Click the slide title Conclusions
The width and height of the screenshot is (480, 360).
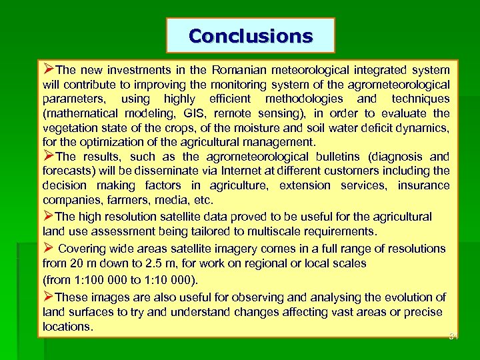pos(251,36)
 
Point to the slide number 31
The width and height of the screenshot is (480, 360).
pos(455,336)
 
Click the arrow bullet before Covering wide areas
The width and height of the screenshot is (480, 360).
pos(48,248)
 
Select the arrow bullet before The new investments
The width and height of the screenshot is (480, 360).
pos(48,69)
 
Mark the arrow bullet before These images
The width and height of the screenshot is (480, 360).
pos(48,297)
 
